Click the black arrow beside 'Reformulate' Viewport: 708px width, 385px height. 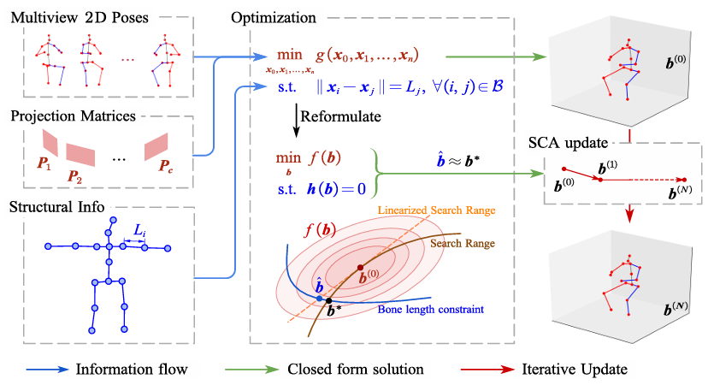click(x=296, y=120)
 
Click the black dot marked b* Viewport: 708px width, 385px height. click(x=329, y=301)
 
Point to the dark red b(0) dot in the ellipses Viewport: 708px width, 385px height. click(x=360, y=267)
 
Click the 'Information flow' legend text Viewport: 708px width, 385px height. click(x=130, y=369)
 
